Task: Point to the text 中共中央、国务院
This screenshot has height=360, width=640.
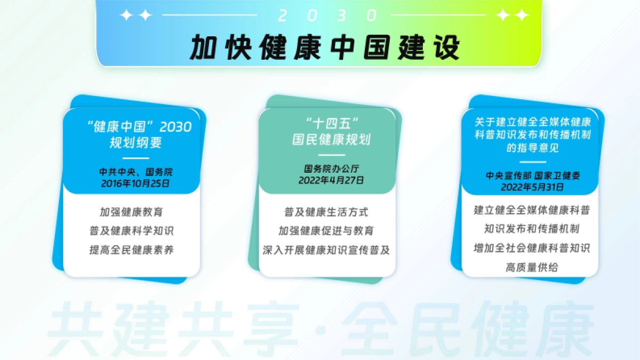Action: pyautogui.click(x=136, y=172)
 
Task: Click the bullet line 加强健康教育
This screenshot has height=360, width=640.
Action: pyautogui.click(x=131, y=212)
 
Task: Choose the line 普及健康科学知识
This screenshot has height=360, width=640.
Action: pyautogui.click(x=131, y=231)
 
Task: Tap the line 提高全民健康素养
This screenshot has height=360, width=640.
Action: pyautogui.click(x=131, y=250)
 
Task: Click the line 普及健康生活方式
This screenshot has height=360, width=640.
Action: pyautogui.click(x=326, y=212)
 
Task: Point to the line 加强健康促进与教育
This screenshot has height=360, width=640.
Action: pyautogui.click(x=326, y=231)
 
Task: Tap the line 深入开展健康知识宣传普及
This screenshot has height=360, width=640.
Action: pyautogui.click(x=326, y=250)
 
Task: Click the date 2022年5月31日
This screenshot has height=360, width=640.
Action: pyautogui.click(x=532, y=187)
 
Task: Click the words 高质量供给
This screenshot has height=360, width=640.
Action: pyautogui.click(x=532, y=268)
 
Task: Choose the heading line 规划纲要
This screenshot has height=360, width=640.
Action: pyautogui.click(x=135, y=143)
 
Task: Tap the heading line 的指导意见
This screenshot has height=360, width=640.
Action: pyautogui.click(x=532, y=148)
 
